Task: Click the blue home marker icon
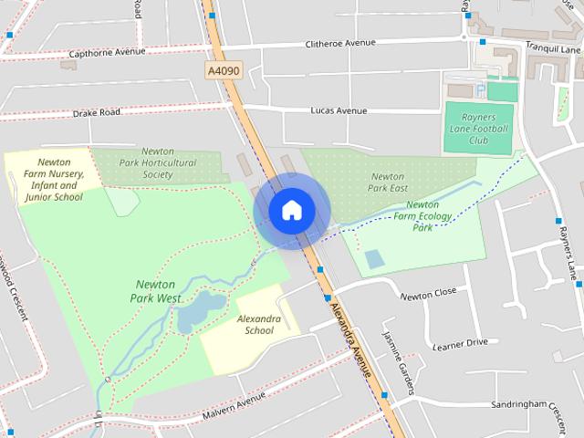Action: (x=291, y=211)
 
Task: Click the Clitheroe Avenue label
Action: (x=341, y=43)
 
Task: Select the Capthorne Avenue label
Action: (x=107, y=52)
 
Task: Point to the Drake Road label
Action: (x=96, y=113)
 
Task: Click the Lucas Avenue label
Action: (x=338, y=110)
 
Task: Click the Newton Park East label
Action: (x=388, y=181)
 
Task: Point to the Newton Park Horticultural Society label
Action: (x=157, y=162)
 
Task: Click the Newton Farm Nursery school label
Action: (x=54, y=179)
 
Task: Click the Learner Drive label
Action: (x=460, y=345)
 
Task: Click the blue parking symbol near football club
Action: (x=480, y=89)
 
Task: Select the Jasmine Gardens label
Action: (x=399, y=355)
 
